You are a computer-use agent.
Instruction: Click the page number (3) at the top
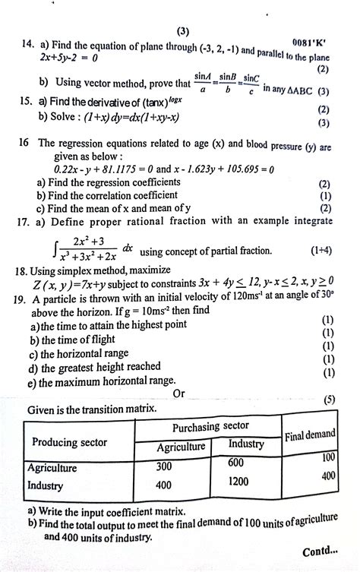tap(181, 31)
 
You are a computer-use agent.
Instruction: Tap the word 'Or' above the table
tap(179, 393)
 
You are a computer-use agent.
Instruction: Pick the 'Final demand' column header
tap(310, 435)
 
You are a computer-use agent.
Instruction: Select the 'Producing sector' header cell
tap(69, 442)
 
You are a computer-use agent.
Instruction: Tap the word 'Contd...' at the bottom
tap(321, 552)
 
